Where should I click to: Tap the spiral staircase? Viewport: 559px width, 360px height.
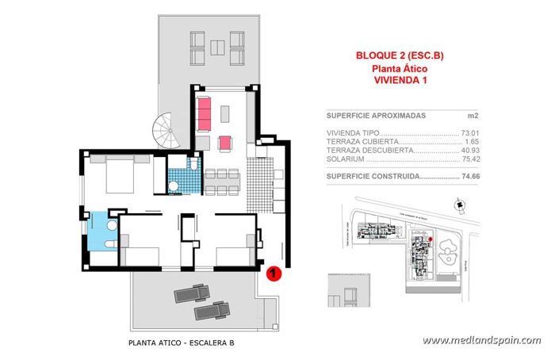[169, 129]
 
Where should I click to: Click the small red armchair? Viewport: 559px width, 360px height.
[224, 143]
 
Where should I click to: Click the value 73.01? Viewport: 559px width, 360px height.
[473, 133]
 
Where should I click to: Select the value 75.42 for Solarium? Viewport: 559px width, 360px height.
[473, 159]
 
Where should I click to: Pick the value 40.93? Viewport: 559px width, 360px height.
[473, 150]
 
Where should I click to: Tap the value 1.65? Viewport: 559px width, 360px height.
[475, 141]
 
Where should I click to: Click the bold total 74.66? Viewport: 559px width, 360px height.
[473, 177]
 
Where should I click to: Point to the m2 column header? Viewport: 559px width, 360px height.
[473, 115]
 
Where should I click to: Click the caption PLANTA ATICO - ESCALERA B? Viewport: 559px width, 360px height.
[182, 343]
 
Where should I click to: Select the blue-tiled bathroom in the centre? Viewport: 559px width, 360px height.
[184, 175]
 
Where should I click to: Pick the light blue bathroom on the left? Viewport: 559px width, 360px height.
[102, 231]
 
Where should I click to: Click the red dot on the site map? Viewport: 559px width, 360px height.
[429, 238]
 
